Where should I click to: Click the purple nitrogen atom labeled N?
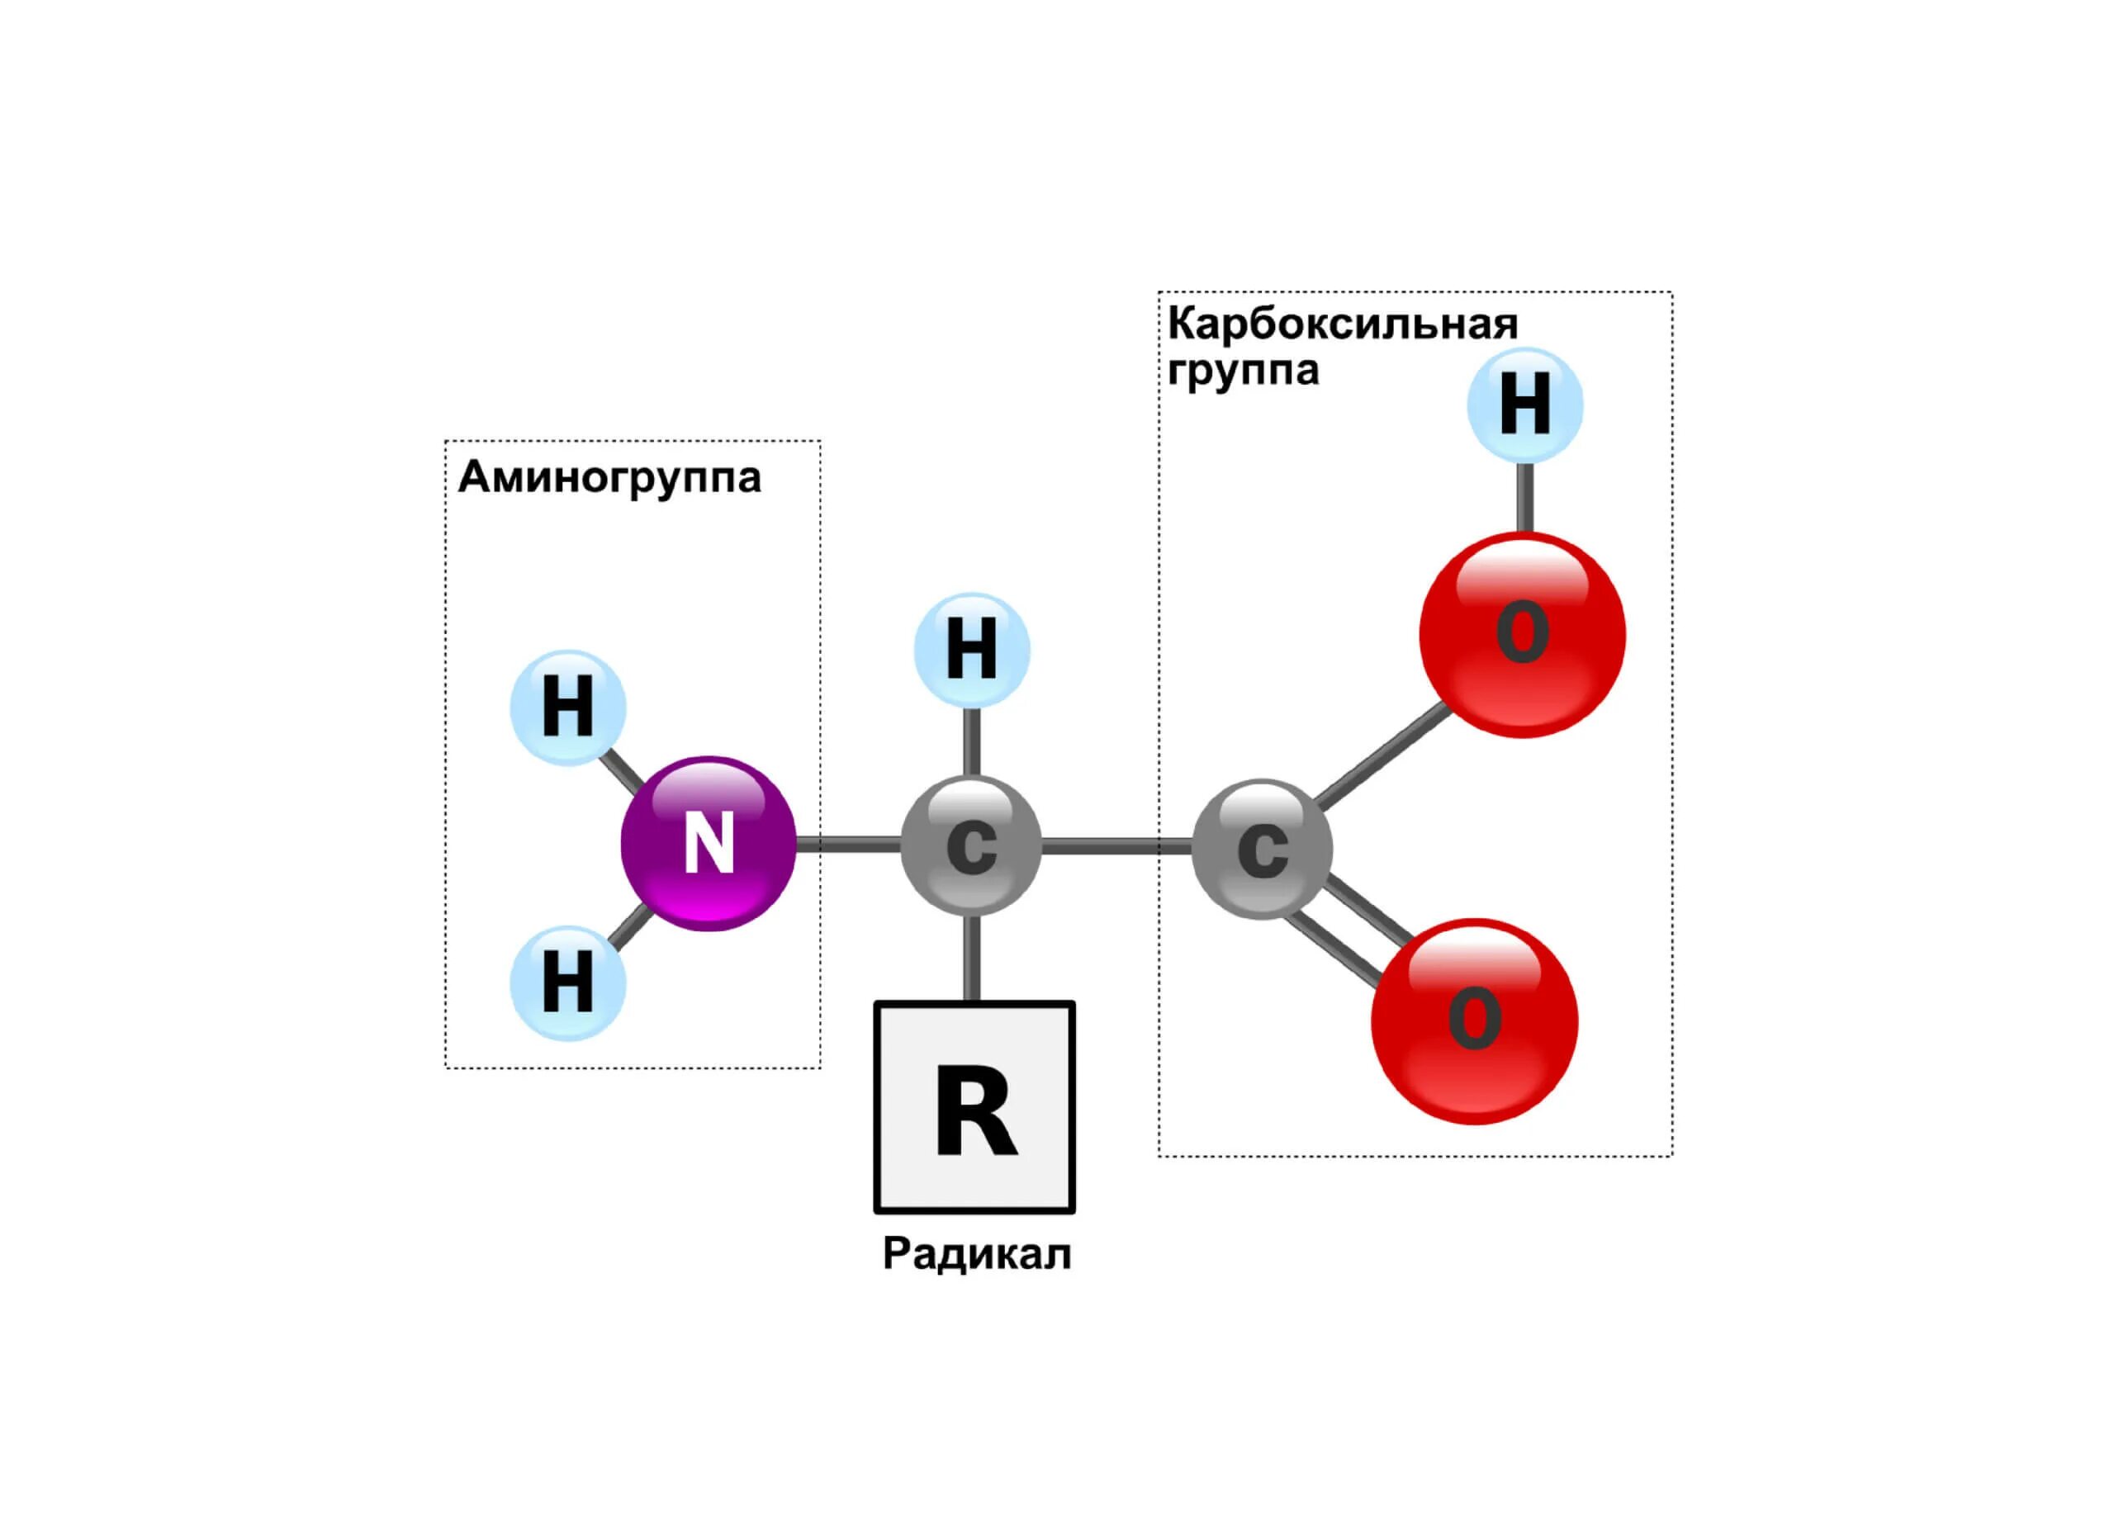tap(709, 843)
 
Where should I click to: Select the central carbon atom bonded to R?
tap(971, 845)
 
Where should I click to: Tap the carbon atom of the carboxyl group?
tap(1262, 848)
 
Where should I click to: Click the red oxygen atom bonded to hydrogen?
tap(1522, 635)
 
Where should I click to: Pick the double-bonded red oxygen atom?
tap(1475, 1021)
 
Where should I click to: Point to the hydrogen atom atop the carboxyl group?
tap(1525, 405)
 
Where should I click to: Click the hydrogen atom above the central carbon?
tap(971, 650)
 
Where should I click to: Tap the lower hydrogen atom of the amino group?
tap(567, 983)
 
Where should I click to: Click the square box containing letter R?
tap(974, 1108)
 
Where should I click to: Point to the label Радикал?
tap(976, 1254)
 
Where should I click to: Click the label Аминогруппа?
tap(609, 477)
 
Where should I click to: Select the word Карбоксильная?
tap(1342, 324)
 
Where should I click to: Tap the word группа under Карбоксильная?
tap(1243, 370)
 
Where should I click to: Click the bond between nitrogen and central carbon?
tap(848, 844)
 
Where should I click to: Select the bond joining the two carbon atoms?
tap(1116, 846)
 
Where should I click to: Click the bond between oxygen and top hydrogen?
tap(1525, 497)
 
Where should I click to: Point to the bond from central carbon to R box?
tap(971, 958)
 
